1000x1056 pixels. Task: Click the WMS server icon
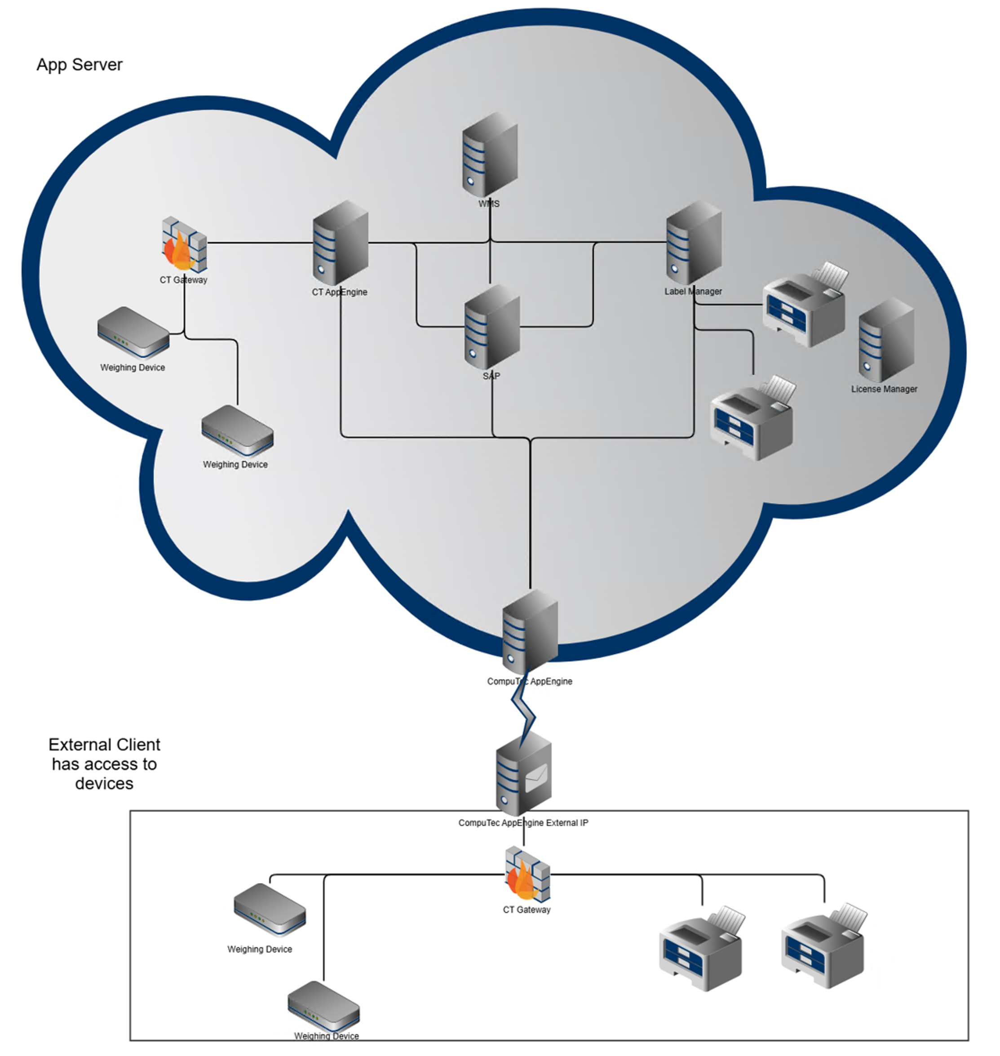pos(490,155)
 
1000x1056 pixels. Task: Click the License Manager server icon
pos(886,340)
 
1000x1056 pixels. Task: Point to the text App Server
pos(80,65)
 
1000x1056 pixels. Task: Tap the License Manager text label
pos(884,389)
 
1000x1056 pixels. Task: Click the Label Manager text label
pos(693,292)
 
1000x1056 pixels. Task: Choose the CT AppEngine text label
pos(340,292)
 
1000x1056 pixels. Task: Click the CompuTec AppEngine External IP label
pos(523,822)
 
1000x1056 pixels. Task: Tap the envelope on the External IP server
pos(536,778)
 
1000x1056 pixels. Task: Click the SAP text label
pos(491,376)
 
